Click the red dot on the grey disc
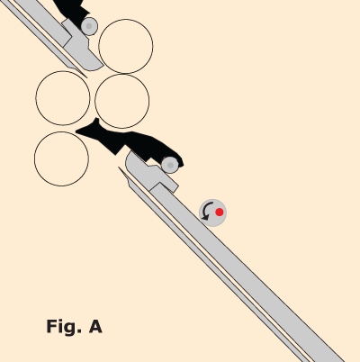(220, 213)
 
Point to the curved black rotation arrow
(204, 211)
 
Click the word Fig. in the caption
(64, 327)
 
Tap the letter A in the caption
(95, 326)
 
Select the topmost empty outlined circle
(126, 46)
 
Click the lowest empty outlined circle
(61, 158)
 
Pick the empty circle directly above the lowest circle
(63, 98)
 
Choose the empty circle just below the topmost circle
(122, 101)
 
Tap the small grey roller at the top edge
(89, 26)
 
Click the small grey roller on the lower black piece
(170, 165)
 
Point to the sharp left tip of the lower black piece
(76, 131)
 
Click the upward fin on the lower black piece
(95, 122)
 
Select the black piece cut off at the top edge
(72, 11)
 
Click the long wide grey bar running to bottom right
(246, 270)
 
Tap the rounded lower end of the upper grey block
(93, 66)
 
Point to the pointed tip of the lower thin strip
(119, 167)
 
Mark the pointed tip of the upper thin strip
(86, 77)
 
